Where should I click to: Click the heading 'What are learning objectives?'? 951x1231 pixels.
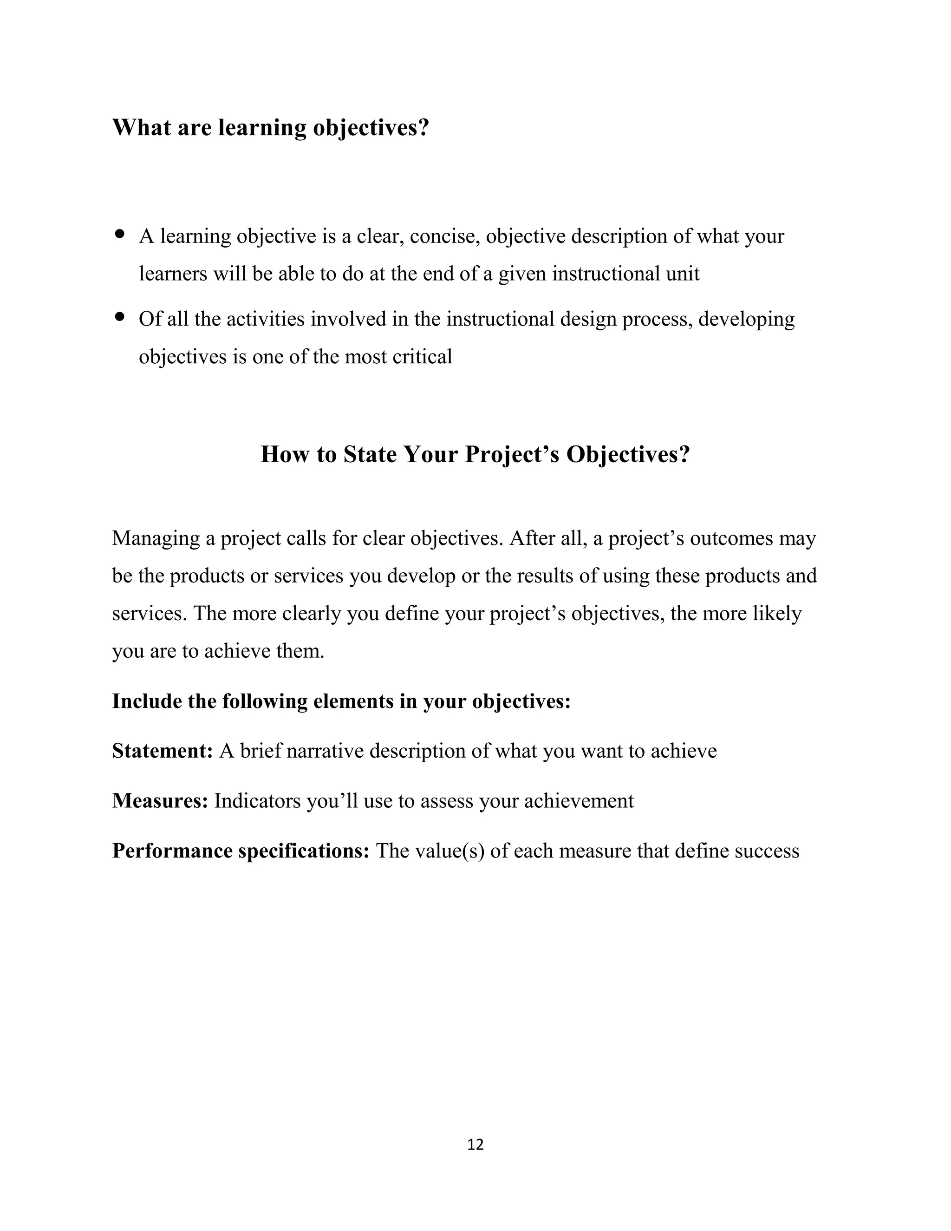(x=270, y=128)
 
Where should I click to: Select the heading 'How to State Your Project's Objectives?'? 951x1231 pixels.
(x=475, y=454)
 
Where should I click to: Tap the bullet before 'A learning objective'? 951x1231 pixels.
(x=119, y=234)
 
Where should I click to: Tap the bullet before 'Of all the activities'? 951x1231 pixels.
(x=119, y=317)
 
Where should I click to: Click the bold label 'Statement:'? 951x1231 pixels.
(x=162, y=751)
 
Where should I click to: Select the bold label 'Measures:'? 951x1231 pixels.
(x=160, y=800)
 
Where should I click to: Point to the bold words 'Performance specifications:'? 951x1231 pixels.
(x=241, y=851)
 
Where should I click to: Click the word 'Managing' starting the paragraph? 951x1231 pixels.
(x=156, y=538)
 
